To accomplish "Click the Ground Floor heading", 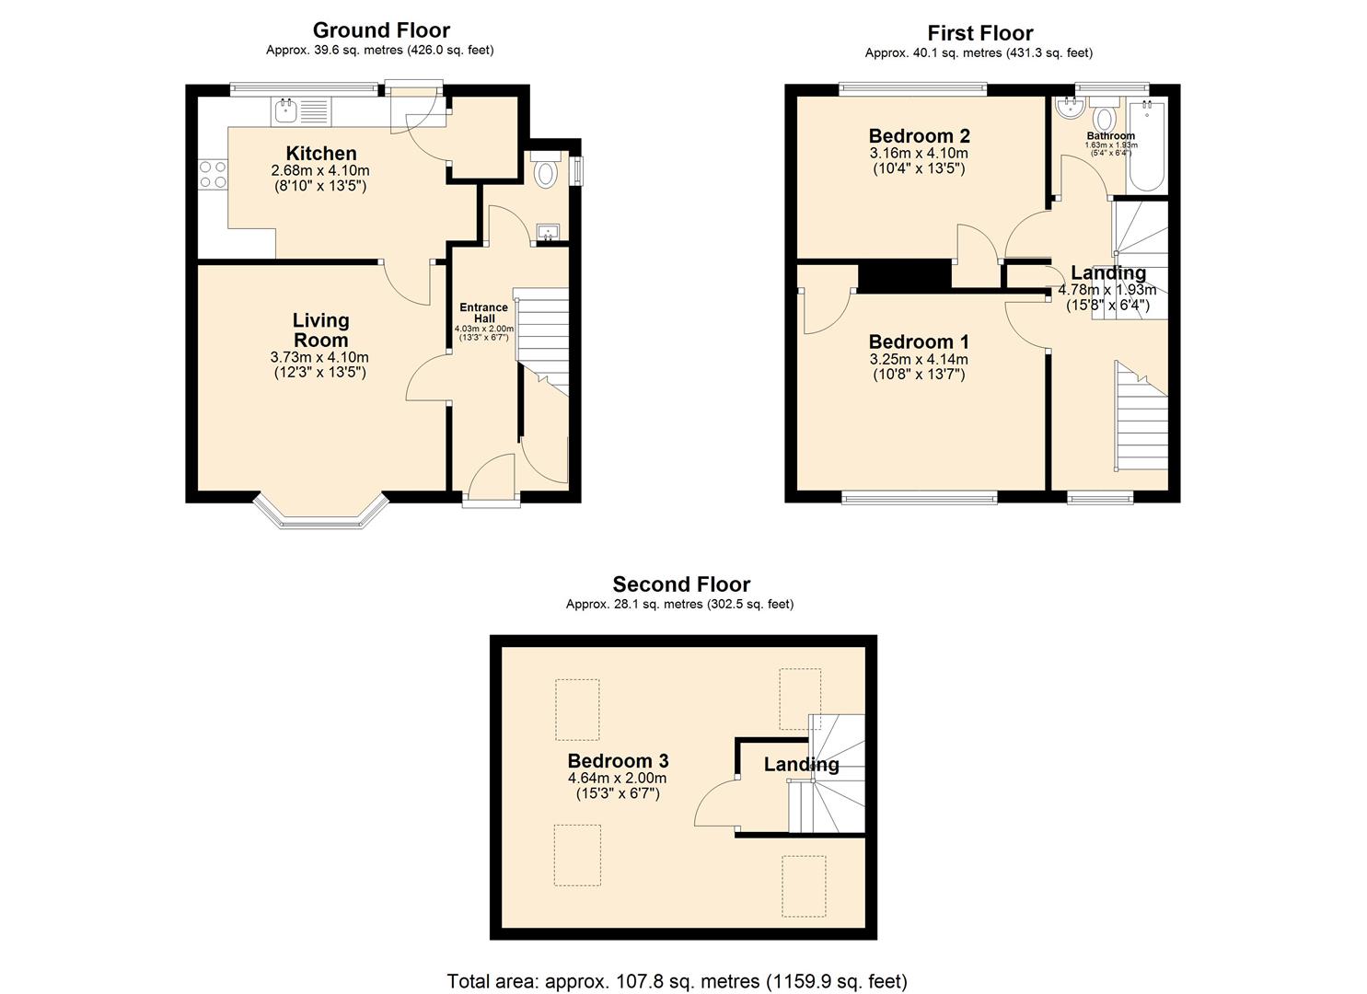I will point(381,29).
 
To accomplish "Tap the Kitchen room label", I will point(320,153).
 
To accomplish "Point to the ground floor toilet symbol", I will point(546,172).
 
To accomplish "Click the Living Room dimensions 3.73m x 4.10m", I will point(319,357).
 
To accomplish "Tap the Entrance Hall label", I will point(484,313).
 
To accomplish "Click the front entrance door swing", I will point(490,478).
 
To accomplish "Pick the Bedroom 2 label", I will point(919,136).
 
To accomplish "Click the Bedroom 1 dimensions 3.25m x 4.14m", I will point(919,359).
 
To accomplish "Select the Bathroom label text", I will point(1110,136).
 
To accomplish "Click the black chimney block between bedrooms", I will point(904,273).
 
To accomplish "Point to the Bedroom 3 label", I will point(618,761).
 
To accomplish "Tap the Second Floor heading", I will point(681,584).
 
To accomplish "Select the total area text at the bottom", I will point(677,981).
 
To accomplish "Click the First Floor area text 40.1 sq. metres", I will point(979,53).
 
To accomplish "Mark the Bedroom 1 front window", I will point(919,498).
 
